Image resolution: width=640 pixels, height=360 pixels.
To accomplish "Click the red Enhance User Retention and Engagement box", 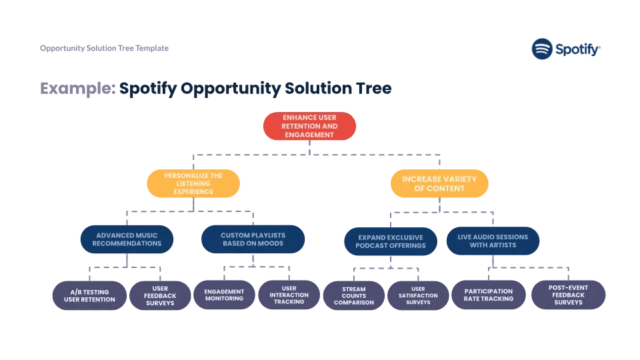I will [309, 126].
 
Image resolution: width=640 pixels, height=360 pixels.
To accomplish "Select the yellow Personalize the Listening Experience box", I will [193, 183].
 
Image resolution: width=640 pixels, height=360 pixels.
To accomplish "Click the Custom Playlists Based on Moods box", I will [253, 239].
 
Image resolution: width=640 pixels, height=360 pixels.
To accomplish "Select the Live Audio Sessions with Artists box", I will [493, 241].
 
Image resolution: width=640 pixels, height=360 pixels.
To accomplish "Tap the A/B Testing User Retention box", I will [89, 295].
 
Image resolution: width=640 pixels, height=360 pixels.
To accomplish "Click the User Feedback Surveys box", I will [160, 295].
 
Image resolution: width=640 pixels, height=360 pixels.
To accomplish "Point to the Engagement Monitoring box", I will [224, 295].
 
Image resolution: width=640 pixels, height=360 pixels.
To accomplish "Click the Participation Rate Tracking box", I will [489, 295].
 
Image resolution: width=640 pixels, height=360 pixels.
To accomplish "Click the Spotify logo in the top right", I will [565, 49].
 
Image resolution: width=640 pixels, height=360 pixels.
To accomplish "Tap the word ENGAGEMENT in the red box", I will [309, 135].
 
